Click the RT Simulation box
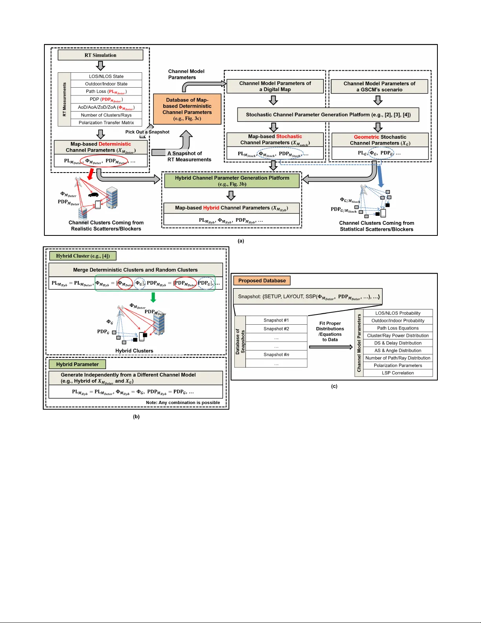coord(101,55)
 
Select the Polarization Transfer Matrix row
coord(106,123)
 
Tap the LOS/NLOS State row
coord(106,76)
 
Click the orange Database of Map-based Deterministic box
coord(187,109)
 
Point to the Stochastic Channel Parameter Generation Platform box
coord(328,115)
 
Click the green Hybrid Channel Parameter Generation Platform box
coord(232,181)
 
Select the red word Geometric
coord(366,137)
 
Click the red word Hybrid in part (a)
coord(211,208)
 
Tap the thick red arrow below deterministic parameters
coord(91,174)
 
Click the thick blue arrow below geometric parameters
coord(380,176)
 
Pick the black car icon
coord(93,195)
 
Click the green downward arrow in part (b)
coord(154,297)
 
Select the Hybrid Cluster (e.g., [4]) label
coord(83,256)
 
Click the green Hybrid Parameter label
coord(77,364)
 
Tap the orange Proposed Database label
coord(262,281)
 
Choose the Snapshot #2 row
coord(276,329)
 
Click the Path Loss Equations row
coord(398,328)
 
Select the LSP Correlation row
coord(398,373)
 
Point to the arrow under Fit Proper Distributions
coord(331,347)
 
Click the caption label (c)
coord(334,386)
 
